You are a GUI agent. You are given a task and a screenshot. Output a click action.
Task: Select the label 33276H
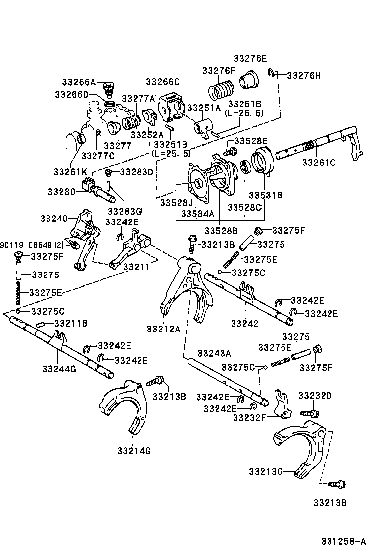(304, 76)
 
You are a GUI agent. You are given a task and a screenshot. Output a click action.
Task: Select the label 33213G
(266, 471)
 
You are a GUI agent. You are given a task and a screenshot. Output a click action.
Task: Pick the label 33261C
(319, 162)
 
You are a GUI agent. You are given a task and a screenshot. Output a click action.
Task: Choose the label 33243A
(214, 353)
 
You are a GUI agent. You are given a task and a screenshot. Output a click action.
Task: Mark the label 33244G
(59, 369)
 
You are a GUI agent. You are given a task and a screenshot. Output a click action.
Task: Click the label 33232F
(250, 417)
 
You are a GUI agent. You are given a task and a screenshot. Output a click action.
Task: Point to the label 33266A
(79, 82)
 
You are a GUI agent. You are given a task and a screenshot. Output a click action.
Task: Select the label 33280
(61, 192)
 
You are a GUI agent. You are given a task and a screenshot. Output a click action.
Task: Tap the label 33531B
(265, 195)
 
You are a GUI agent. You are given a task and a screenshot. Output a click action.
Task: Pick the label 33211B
(71, 324)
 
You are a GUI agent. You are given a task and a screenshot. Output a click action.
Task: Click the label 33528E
(251, 141)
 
